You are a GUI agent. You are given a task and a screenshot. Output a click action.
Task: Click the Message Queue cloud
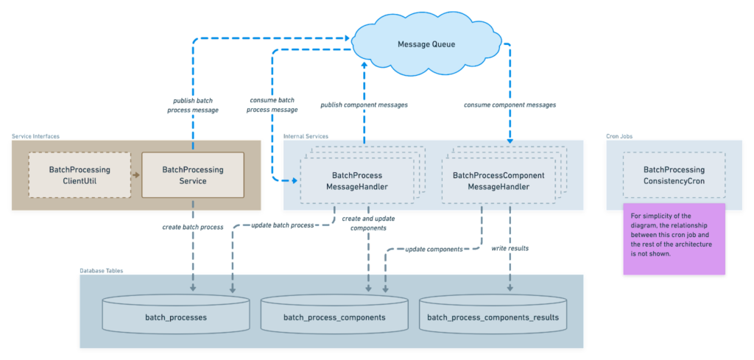pos(426,44)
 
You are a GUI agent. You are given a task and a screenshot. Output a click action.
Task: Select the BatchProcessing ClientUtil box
pos(80,175)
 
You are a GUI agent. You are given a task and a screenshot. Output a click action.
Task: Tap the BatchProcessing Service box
pos(192,175)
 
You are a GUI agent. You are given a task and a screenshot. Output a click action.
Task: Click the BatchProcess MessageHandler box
pos(358,181)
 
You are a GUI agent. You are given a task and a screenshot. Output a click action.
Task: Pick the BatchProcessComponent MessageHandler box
pos(498,181)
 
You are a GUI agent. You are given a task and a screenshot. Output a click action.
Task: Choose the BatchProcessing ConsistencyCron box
pos(674,175)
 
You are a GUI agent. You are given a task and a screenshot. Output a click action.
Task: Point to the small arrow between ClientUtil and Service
pos(135,175)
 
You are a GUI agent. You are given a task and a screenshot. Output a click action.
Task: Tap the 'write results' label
pos(510,249)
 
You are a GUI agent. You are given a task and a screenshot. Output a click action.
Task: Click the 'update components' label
pos(434,249)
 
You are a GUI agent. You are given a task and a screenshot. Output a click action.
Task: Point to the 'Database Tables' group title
pos(101,271)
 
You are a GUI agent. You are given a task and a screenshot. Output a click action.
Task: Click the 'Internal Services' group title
pos(306,136)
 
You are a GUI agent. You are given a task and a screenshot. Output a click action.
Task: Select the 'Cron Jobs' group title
pos(619,136)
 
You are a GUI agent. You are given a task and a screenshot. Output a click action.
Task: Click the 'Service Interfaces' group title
pos(35,136)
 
